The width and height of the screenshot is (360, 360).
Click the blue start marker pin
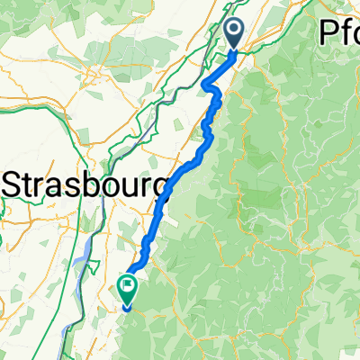pyautogui.click(x=233, y=35)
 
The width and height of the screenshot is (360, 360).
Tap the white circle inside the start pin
pyautogui.click(x=233, y=31)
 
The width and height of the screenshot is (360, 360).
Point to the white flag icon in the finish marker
pyautogui.click(x=126, y=287)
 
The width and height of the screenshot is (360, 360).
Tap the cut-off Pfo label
pyautogui.click(x=340, y=32)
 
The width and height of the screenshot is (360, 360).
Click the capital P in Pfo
pyautogui.click(x=327, y=32)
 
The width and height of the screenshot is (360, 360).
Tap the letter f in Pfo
pyautogui.click(x=340, y=31)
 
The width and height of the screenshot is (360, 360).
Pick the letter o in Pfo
pyautogui.click(x=353, y=34)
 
